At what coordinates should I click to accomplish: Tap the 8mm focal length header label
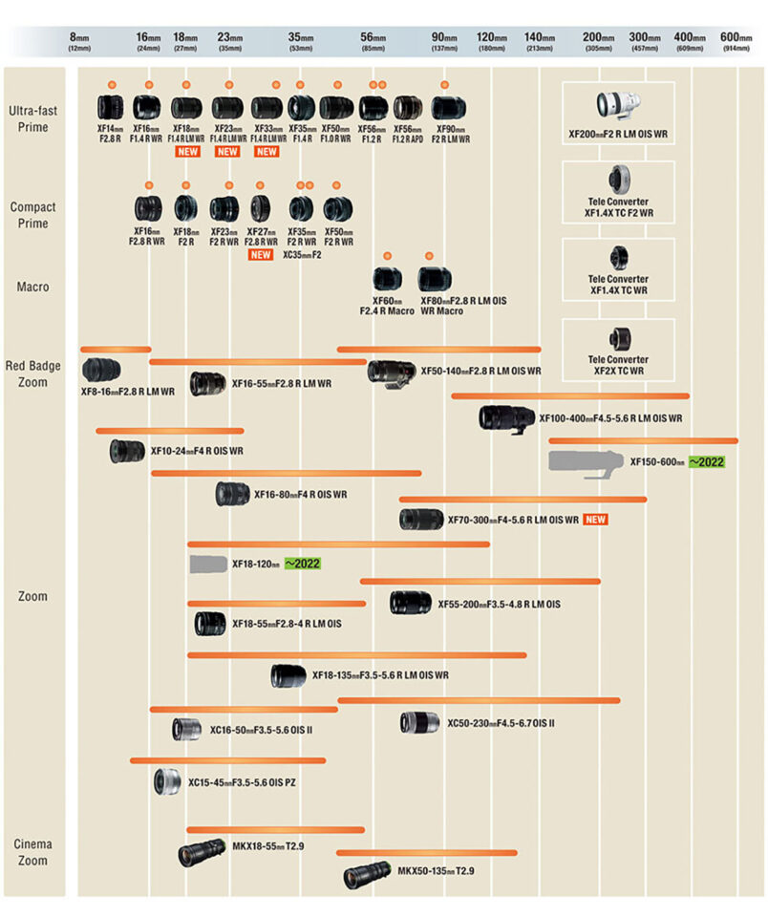coord(78,39)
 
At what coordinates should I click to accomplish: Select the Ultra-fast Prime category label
coord(32,118)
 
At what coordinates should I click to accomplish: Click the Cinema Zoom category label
coord(32,852)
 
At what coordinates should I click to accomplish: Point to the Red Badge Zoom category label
coord(32,373)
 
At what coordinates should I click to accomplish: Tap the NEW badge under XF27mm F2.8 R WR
coord(260,255)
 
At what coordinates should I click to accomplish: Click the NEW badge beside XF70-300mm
coord(597,520)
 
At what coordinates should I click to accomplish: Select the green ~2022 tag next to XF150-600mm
coord(707,462)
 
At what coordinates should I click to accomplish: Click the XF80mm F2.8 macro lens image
coord(435,279)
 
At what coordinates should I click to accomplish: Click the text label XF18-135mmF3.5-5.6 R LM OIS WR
coord(380,675)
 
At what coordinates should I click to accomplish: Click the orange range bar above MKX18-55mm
coord(275,829)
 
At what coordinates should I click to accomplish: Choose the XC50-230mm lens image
coord(419,722)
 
